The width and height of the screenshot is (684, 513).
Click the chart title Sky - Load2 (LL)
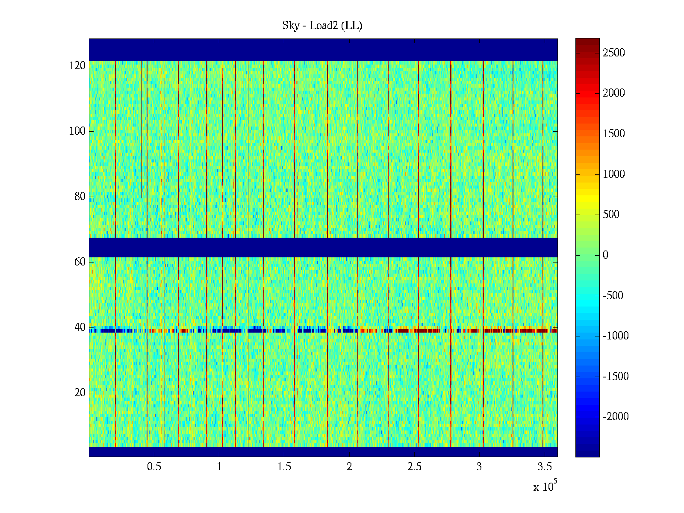(x=322, y=26)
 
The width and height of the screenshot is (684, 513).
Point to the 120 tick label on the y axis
(x=77, y=65)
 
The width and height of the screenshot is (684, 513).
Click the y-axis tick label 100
(x=77, y=131)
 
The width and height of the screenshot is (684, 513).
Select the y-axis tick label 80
(x=80, y=196)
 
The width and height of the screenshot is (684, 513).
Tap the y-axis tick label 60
(x=80, y=262)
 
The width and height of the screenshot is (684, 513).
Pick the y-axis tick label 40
(x=80, y=327)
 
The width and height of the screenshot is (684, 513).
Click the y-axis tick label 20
(x=80, y=392)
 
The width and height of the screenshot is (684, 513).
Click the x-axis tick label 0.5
(x=154, y=466)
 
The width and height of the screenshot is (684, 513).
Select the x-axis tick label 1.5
(x=284, y=466)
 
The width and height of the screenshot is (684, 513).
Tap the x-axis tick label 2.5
(x=414, y=466)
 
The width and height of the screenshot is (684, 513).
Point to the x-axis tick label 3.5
(x=544, y=466)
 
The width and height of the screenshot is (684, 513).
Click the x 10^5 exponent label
(x=545, y=486)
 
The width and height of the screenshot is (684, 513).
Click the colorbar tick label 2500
(x=614, y=53)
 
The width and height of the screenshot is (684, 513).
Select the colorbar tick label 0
(x=605, y=255)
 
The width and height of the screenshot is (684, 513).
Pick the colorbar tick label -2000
(x=616, y=417)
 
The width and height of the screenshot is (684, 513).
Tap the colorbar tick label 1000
(x=614, y=174)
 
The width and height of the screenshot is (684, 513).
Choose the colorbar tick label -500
(x=613, y=295)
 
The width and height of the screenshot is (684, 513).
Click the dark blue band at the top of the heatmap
(x=323, y=50)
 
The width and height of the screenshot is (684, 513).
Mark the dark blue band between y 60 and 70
(x=323, y=247)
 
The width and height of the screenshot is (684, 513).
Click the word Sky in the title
(x=291, y=26)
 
